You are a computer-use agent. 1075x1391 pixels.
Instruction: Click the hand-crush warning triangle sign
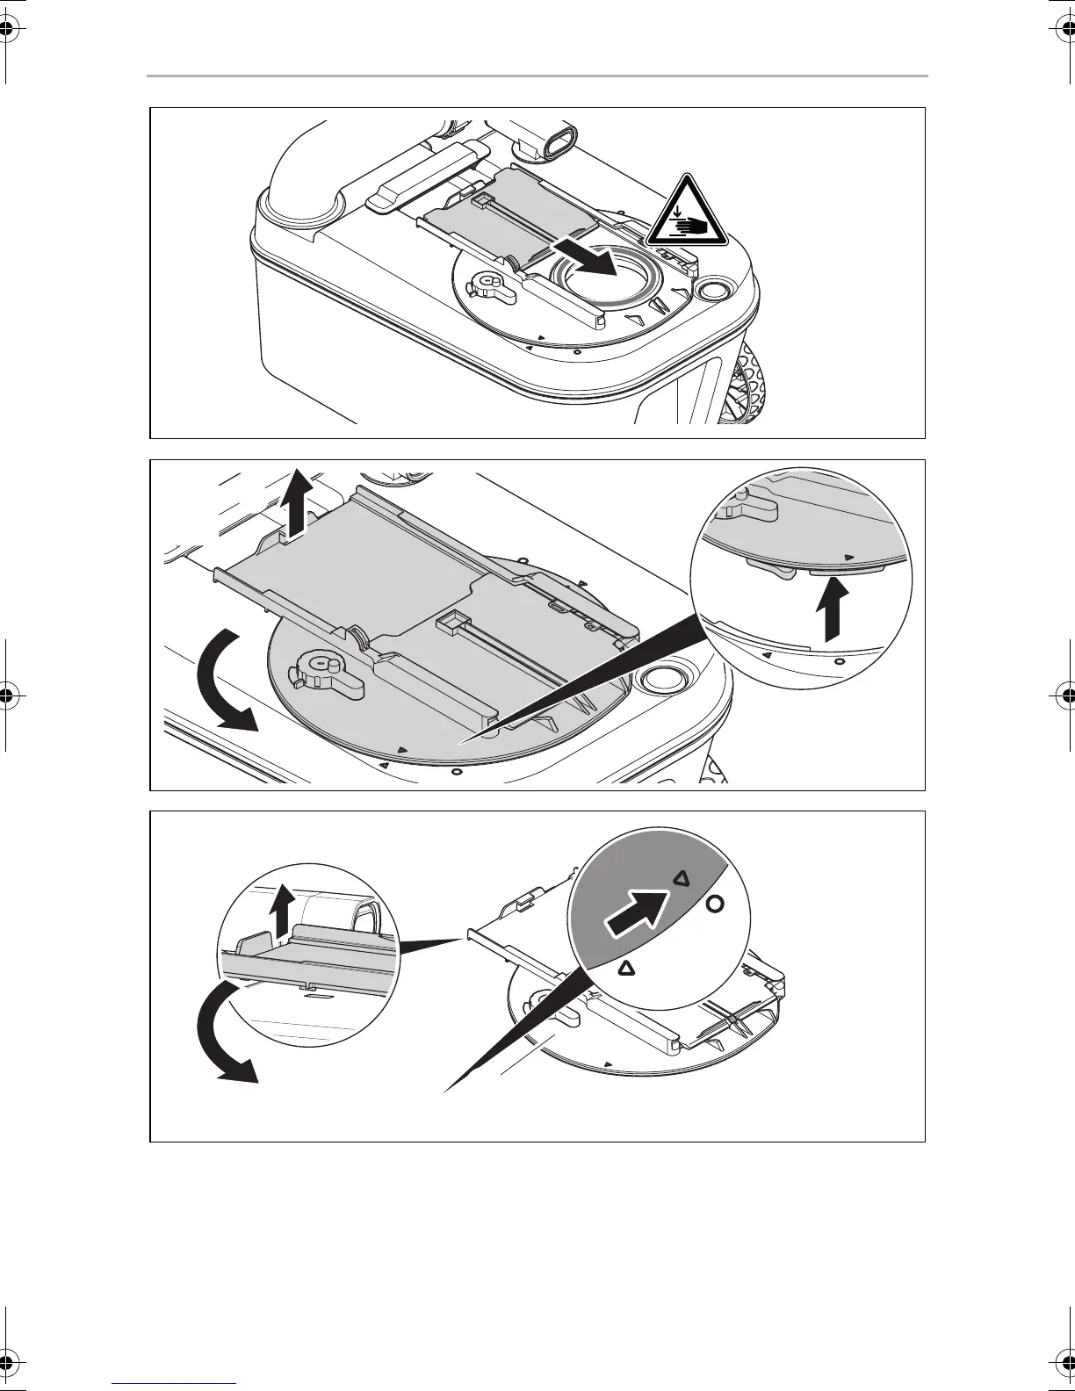click(687, 213)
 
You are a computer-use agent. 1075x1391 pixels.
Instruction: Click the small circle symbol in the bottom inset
click(715, 904)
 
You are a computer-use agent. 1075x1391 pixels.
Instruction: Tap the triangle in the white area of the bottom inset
click(626, 968)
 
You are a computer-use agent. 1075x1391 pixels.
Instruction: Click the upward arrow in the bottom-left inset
click(282, 911)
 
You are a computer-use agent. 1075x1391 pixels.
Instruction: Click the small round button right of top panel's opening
click(711, 290)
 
